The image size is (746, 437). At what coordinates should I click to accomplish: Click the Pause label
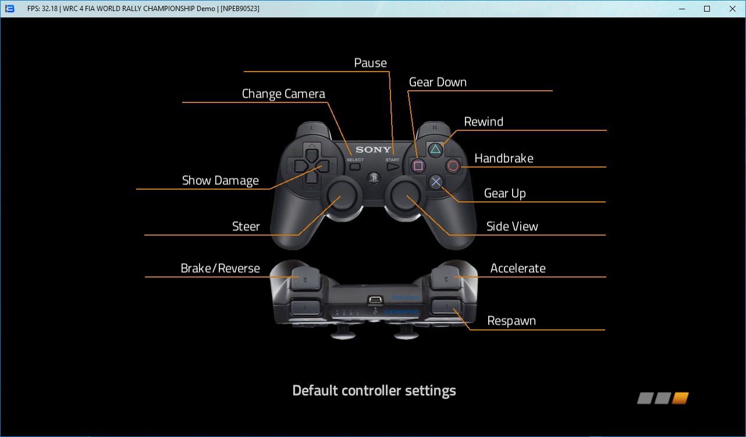371,63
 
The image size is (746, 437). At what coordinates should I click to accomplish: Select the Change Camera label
283,94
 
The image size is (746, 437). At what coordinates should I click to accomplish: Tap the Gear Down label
438,82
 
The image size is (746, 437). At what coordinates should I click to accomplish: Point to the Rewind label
484,122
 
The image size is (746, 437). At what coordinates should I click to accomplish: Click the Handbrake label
504,158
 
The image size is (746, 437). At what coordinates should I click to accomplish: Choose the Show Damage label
221,180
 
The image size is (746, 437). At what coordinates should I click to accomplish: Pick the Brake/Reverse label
221,268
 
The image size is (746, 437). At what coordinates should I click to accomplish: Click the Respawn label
511,321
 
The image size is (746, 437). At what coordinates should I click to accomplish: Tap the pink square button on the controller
418,166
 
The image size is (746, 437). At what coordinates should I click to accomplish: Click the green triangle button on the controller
435,150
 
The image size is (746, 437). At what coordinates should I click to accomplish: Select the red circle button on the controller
453,166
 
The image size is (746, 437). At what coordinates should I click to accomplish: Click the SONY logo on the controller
374,150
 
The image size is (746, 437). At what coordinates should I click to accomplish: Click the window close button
732,9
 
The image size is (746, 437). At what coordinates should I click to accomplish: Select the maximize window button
707,9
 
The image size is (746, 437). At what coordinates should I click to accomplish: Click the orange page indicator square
680,399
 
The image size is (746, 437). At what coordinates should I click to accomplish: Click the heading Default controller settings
374,390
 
